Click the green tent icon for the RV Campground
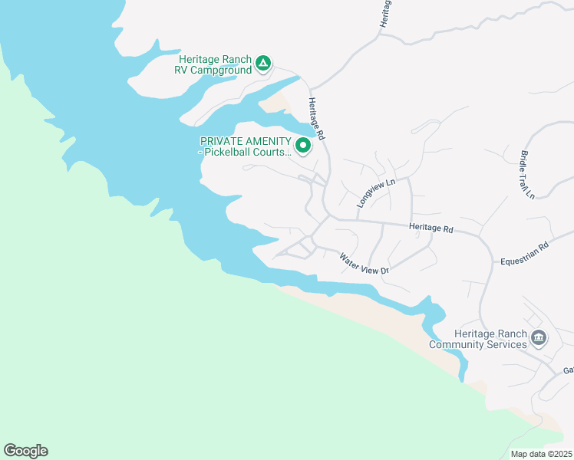(262, 63)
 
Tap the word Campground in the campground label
(223, 71)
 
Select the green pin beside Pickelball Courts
(303, 144)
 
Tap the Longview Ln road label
(375, 193)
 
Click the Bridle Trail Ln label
(526, 176)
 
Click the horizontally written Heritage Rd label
(431, 228)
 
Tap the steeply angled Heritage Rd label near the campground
(318, 118)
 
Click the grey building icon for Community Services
(539, 337)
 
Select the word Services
(506, 345)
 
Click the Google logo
(25, 451)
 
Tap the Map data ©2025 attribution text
(541, 454)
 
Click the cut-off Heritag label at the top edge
(385, 14)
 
